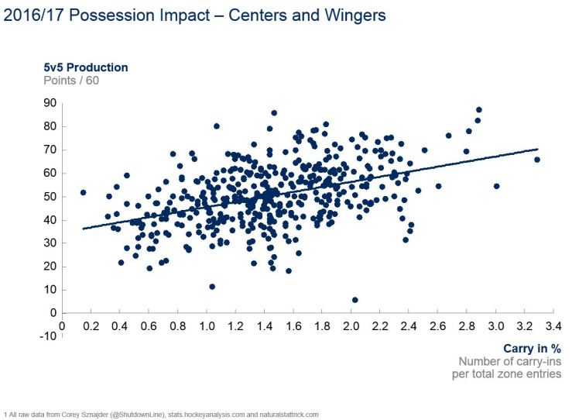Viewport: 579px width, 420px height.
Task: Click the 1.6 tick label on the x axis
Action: [293, 326]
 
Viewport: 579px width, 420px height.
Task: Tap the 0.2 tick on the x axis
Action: [91, 326]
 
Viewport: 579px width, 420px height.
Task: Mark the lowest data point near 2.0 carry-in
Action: [355, 300]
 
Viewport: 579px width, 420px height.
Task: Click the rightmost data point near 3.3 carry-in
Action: [536, 160]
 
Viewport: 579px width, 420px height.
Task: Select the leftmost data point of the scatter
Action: [83, 192]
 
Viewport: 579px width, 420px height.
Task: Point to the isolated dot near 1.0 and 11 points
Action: [212, 287]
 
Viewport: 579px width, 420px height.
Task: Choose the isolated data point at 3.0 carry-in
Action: [496, 186]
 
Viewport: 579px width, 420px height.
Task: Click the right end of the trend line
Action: [536, 149]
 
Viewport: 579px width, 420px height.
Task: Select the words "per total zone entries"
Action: [506, 374]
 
